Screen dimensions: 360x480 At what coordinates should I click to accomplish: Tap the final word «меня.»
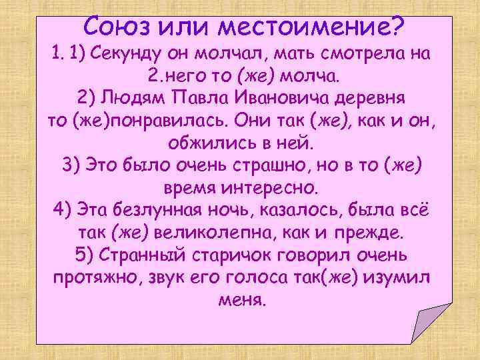click(241, 301)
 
